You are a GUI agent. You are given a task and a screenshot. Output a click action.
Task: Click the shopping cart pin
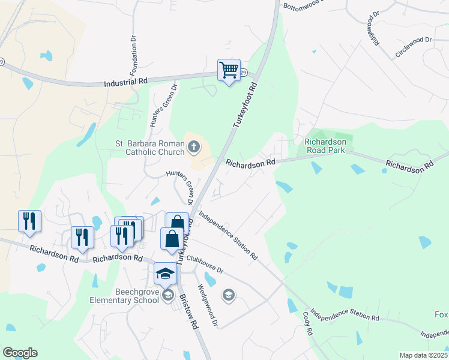coord(229,71)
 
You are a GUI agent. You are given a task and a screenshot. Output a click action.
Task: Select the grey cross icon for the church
coord(194,146)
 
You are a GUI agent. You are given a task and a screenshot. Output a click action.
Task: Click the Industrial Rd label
coord(125,82)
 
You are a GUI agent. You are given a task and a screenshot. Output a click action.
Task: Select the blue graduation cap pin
coord(165,274)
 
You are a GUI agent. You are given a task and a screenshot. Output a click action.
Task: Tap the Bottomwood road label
coord(303,2)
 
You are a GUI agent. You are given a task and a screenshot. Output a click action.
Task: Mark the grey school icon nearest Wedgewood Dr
coord(228,295)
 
